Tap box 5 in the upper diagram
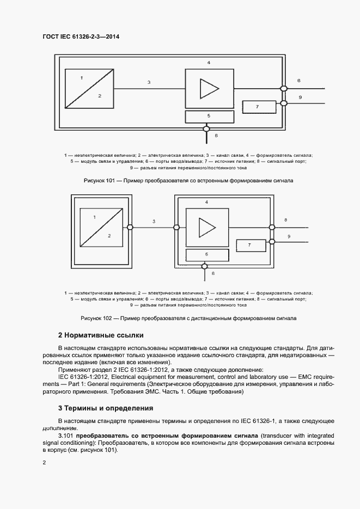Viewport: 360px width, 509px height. click(x=208, y=116)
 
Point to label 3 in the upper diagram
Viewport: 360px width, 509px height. click(x=149, y=82)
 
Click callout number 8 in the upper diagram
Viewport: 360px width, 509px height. click(x=298, y=81)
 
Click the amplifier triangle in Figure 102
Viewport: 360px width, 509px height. click(x=206, y=226)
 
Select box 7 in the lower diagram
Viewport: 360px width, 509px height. click(x=249, y=246)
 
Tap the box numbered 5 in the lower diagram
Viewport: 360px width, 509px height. click(x=206, y=254)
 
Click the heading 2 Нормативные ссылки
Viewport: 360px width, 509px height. click(x=101, y=335)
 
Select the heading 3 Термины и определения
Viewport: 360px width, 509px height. click(x=105, y=408)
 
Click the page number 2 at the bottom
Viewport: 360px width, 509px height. click(x=45, y=462)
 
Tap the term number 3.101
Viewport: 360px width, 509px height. click(x=66, y=436)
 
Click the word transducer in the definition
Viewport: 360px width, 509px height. click(x=275, y=436)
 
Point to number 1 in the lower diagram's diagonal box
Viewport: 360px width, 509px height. click(x=95, y=217)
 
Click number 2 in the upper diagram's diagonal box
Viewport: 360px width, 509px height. click(x=100, y=95)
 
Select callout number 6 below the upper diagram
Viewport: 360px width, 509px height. click(x=216, y=134)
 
